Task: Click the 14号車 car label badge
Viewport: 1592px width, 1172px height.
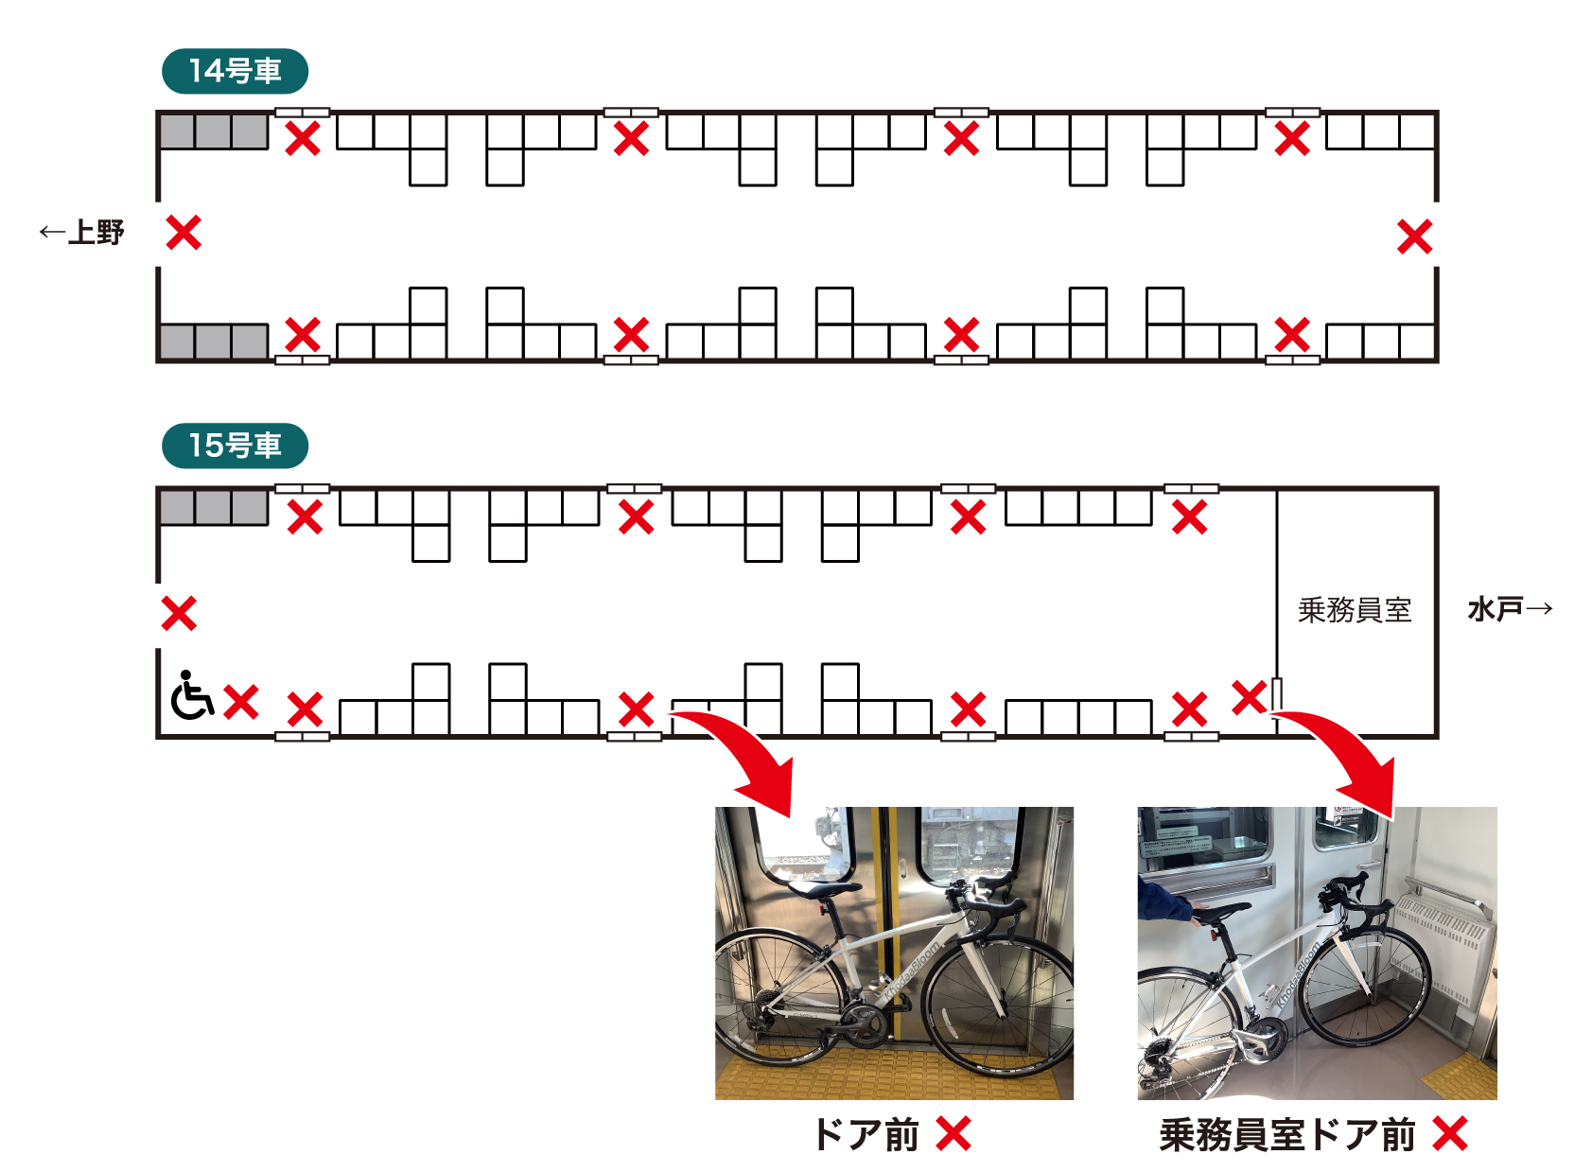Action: point(236,71)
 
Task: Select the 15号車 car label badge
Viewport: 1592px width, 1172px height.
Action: point(236,446)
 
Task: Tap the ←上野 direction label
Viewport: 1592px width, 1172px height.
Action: point(81,233)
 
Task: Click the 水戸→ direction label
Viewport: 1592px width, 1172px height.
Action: point(1511,609)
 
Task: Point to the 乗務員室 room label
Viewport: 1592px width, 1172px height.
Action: point(1355,610)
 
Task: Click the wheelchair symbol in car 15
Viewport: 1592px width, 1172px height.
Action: point(192,694)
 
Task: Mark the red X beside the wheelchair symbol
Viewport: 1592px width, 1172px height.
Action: point(241,702)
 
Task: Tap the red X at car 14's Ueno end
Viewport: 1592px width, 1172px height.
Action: point(184,233)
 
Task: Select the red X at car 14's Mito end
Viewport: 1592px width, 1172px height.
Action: point(1414,236)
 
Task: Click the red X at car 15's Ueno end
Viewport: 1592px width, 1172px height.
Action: point(179,613)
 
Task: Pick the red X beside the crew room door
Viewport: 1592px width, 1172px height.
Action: point(1250,697)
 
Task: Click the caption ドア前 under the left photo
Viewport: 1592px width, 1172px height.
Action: point(866,1134)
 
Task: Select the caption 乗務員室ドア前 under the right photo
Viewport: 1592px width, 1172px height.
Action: point(1287,1134)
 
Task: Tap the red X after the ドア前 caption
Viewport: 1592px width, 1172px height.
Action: point(953,1133)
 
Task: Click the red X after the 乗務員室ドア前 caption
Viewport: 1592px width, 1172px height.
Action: point(1450,1133)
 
